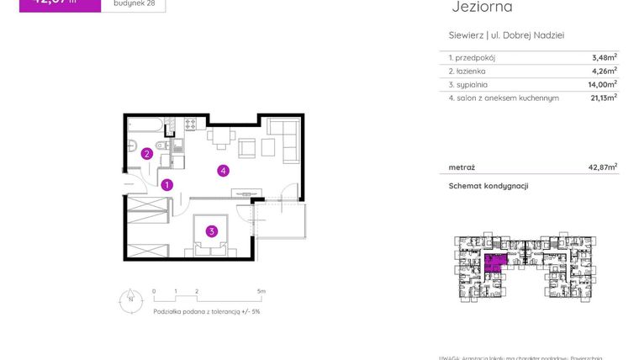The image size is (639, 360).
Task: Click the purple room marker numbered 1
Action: (x=167, y=185)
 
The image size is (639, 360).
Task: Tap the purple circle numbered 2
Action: (x=146, y=154)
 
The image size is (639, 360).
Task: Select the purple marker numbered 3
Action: (x=213, y=231)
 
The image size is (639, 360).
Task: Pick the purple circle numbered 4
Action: (x=223, y=171)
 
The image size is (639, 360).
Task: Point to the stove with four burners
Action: (x=190, y=125)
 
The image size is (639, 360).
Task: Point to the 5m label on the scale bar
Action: (x=261, y=291)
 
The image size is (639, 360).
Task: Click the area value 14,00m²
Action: (x=603, y=84)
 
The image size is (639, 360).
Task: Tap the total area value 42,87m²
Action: (x=602, y=167)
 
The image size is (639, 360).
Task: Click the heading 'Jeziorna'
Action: (x=482, y=8)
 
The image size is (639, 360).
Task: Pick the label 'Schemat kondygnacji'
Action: (x=488, y=186)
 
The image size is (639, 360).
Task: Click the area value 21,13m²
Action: (x=603, y=98)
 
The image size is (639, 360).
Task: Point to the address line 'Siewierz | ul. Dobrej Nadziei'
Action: (x=506, y=35)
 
